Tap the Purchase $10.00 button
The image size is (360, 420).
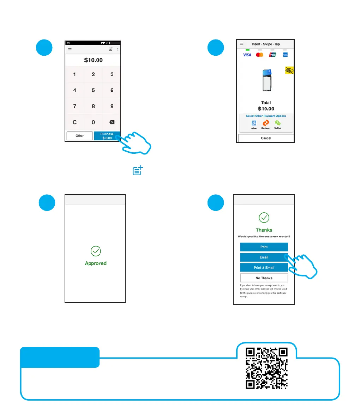pos(107,136)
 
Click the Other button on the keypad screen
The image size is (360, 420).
pos(80,136)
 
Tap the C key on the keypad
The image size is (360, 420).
pos(74,122)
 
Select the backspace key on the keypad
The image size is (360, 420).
pos(112,122)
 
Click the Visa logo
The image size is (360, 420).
pos(247,55)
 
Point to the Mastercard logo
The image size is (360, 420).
pos(260,55)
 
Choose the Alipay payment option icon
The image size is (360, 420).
pos(254,123)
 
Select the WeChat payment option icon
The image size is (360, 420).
pos(278,123)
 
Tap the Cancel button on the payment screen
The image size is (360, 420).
pos(266,138)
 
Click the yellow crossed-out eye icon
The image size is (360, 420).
pos(289,71)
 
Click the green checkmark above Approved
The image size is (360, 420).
pos(96,251)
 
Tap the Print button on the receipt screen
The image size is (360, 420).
pos(264,247)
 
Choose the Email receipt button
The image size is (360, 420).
pos(264,257)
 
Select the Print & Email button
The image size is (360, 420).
pos(264,268)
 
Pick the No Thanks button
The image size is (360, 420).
pos(264,278)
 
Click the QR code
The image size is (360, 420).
pos(267,368)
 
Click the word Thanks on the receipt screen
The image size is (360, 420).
pos(264,230)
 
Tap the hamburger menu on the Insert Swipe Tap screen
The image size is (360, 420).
pos(241,44)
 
